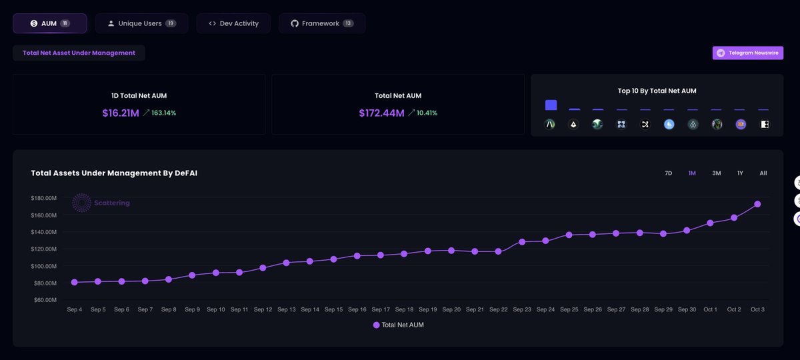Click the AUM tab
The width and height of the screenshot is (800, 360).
tap(49, 23)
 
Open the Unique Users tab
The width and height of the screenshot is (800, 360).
tap(141, 23)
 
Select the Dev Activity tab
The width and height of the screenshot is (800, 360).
tap(234, 23)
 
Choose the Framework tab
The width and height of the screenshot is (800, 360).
tap(321, 23)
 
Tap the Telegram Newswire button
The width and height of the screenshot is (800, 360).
tap(747, 53)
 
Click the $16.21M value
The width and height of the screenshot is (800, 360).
tap(121, 113)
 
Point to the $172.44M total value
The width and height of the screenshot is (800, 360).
tap(381, 113)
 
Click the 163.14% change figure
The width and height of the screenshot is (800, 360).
tap(163, 113)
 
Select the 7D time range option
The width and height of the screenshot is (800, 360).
tap(668, 173)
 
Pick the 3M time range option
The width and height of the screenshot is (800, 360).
tap(716, 173)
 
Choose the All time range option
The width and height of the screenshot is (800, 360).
tap(763, 173)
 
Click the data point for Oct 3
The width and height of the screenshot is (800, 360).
tap(757, 204)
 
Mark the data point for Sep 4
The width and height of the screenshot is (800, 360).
tap(74, 282)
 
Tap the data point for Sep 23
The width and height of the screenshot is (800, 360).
tap(522, 242)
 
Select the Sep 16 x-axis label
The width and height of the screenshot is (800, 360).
tap(357, 309)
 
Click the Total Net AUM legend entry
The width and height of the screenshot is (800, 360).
tap(398, 325)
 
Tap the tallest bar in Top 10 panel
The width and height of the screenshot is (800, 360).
tap(551, 105)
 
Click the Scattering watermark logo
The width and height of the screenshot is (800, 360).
tap(82, 203)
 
